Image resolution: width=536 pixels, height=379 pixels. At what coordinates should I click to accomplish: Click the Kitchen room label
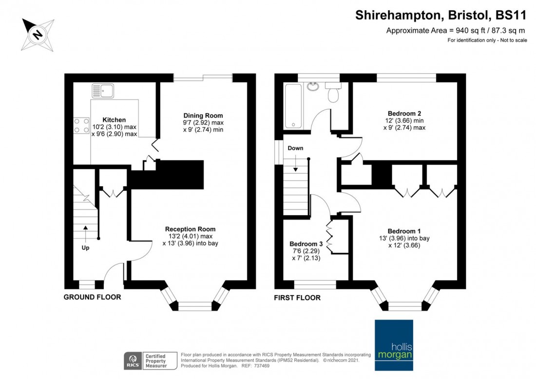[115, 120]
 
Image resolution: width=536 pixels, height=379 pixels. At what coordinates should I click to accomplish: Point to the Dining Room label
[203, 116]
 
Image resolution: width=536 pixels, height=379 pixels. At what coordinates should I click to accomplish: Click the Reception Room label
[190, 229]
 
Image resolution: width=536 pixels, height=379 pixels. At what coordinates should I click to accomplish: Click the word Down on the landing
[296, 148]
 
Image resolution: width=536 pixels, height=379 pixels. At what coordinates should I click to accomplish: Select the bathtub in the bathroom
[293, 106]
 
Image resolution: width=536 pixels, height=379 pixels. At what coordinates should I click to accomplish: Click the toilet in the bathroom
[334, 93]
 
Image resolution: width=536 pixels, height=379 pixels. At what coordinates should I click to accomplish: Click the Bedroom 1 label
[404, 231]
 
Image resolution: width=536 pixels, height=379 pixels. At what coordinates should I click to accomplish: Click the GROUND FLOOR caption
[93, 297]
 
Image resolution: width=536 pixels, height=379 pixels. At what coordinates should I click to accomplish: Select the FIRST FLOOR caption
[297, 298]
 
